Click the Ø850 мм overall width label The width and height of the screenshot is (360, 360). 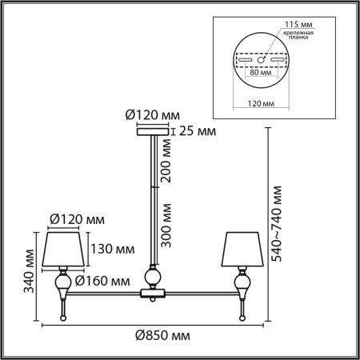162,335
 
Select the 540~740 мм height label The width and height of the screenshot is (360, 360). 276,224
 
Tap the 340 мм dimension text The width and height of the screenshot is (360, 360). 29,271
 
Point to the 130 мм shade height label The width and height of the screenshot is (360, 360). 113,249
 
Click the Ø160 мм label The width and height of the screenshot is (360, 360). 102,281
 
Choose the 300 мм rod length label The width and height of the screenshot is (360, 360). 166,226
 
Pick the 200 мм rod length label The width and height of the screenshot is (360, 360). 166,161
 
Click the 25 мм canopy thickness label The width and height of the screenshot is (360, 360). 198,131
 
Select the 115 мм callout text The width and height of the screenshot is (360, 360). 298,24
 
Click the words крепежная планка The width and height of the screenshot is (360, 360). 298,35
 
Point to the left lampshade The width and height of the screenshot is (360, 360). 63,249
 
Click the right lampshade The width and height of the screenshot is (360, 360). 242,249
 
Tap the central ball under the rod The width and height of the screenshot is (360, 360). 153,277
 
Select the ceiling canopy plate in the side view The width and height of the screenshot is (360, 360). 153,131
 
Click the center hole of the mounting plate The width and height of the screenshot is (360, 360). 261,60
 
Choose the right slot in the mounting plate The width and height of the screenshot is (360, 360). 277,60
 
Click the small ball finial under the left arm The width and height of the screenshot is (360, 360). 63,318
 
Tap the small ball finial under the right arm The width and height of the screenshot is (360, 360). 242,318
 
